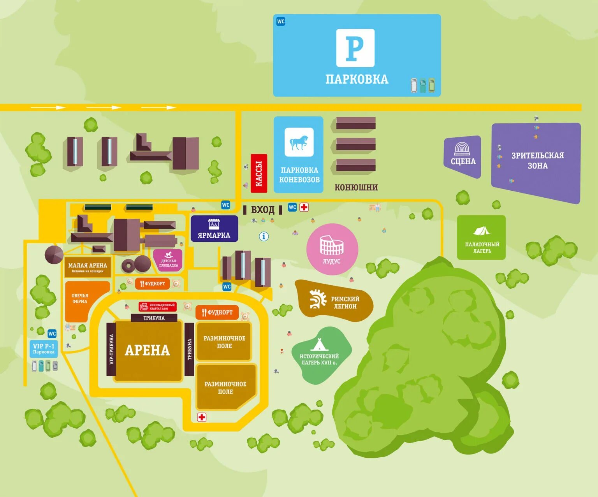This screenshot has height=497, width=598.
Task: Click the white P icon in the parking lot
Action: (355, 48)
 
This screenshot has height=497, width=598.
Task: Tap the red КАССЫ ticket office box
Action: (259, 173)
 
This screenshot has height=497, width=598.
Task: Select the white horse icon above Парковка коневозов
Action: (299, 142)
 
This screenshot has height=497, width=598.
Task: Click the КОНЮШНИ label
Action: (356, 187)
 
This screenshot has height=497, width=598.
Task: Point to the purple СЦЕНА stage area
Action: (463, 156)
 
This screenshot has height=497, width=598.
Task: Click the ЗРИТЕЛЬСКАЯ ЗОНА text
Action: (537, 160)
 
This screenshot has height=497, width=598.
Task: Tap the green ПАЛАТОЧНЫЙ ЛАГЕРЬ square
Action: (481, 237)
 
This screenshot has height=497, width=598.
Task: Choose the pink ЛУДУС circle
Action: (332, 249)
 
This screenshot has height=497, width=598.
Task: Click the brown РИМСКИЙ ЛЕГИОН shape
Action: (334, 301)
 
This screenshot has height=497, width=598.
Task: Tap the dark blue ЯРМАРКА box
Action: (214, 229)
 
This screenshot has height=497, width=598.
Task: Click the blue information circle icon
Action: (264, 236)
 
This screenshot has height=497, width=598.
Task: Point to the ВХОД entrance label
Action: (263, 210)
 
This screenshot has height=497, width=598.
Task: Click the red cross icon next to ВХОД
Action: (304, 207)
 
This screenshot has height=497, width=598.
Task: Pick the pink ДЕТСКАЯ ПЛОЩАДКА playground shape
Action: (168, 260)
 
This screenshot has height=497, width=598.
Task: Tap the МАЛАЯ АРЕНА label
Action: (88, 265)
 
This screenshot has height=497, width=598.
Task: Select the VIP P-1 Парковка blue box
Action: (44, 349)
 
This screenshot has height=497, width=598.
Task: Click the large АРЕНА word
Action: (147, 350)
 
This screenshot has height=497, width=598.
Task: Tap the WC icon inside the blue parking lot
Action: (281, 21)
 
